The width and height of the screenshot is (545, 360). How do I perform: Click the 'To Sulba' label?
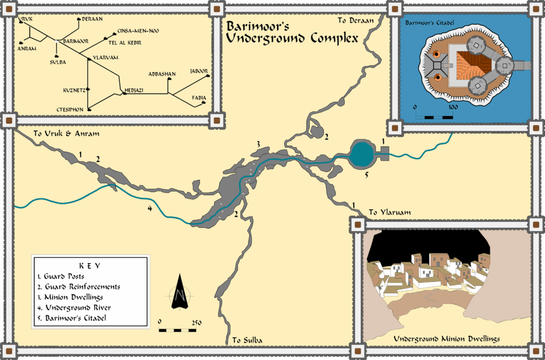pos(247,340)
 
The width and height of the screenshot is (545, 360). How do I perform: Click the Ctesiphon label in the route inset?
pos(70,109)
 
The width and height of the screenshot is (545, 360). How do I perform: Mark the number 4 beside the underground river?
pos(150,208)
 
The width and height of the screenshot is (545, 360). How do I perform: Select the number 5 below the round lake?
pos(366,174)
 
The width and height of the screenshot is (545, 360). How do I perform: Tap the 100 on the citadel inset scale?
pos(453,107)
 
